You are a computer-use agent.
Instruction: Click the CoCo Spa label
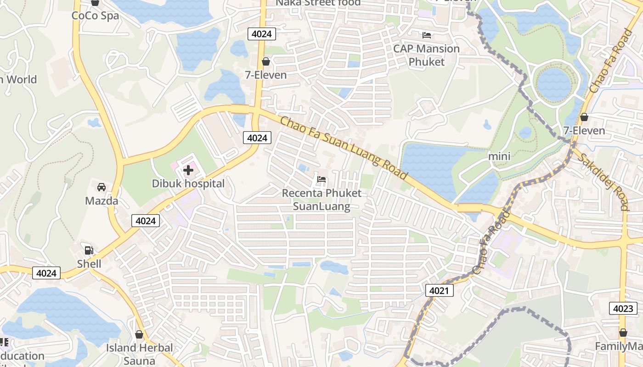click(x=95, y=16)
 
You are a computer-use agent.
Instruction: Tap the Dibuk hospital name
click(x=188, y=183)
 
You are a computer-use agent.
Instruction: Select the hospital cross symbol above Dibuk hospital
click(x=188, y=170)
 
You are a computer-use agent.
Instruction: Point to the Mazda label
click(x=102, y=200)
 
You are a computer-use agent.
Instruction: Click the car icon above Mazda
click(x=102, y=187)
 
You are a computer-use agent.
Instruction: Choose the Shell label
click(x=89, y=264)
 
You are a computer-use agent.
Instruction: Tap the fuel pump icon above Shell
click(x=89, y=250)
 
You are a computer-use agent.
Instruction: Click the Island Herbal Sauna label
click(x=140, y=354)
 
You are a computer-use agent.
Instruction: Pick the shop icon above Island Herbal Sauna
click(x=139, y=334)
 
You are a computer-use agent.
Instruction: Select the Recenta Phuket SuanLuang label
click(x=321, y=200)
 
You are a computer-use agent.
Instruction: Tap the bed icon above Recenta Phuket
click(x=321, y=179)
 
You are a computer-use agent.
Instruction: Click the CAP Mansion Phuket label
click(x=426, y=55)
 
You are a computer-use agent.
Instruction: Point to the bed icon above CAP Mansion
click(x=427, y=35)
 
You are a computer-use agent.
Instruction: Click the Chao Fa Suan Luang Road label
click(x=344, y=148)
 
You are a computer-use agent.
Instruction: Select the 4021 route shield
click(x=439, y=290)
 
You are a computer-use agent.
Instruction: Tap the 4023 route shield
click(x=623, y=308)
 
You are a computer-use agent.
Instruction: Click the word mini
click(x=499, y=156)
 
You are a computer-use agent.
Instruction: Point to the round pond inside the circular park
click(x=554, y=84)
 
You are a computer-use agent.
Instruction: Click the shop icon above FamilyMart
click(x=623, y=333)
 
